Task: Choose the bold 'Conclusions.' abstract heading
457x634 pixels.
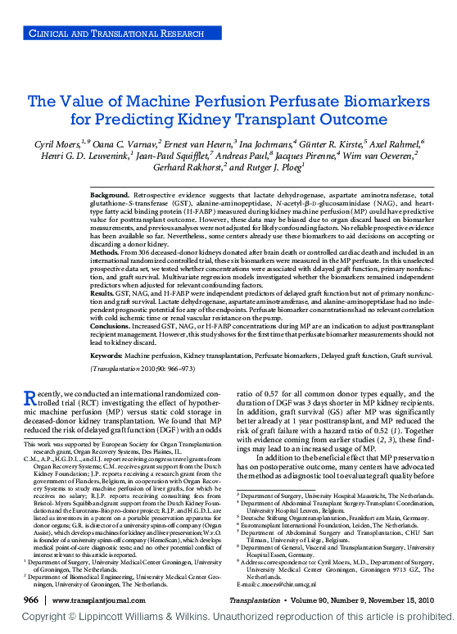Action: pyautogui.click(x=113, y=348)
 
